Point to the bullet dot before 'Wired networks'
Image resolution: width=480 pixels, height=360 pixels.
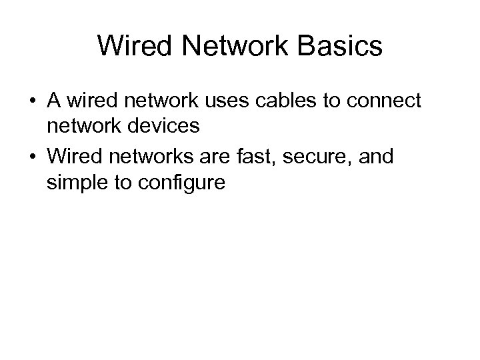tap(32, 157)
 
